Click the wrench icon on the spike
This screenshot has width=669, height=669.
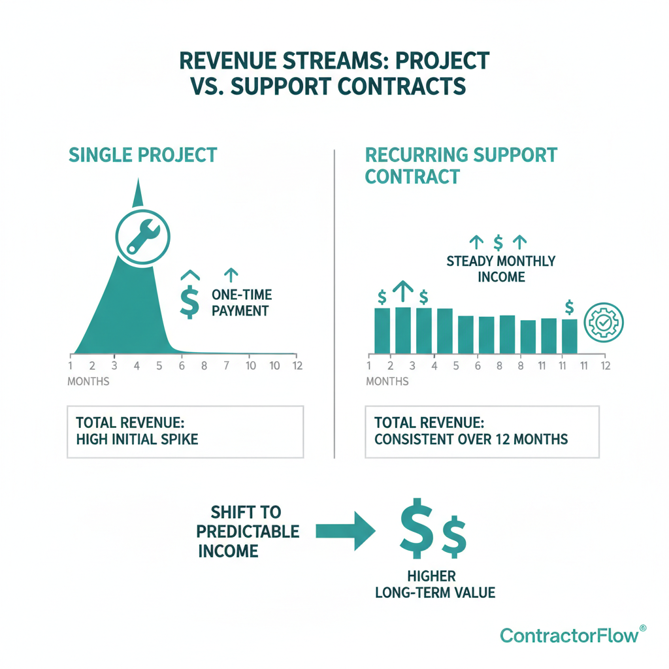pos(141,236)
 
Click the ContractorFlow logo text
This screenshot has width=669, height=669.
pos(569,635)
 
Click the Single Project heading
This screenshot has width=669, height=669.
pos(142,155)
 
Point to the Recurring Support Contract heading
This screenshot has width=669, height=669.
pos(461,165)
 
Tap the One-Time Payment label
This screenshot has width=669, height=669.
pos(240,302)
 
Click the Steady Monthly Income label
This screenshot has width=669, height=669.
pos(500,269)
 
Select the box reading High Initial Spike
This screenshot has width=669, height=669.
pos(185,431)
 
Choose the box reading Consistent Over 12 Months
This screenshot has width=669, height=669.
pos(481,431)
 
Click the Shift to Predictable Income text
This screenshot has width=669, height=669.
pos(248,531)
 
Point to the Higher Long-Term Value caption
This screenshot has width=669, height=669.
pos(434,584)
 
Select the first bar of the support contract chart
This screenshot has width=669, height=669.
pos(382,331)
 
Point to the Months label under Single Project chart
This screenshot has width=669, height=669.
pos(88,381)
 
